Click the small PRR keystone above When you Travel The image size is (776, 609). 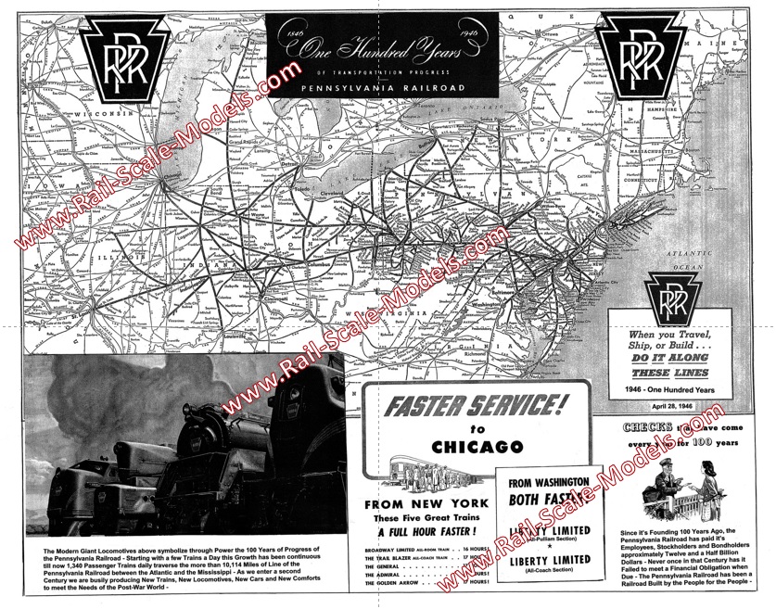681,296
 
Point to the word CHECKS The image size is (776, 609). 647,429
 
